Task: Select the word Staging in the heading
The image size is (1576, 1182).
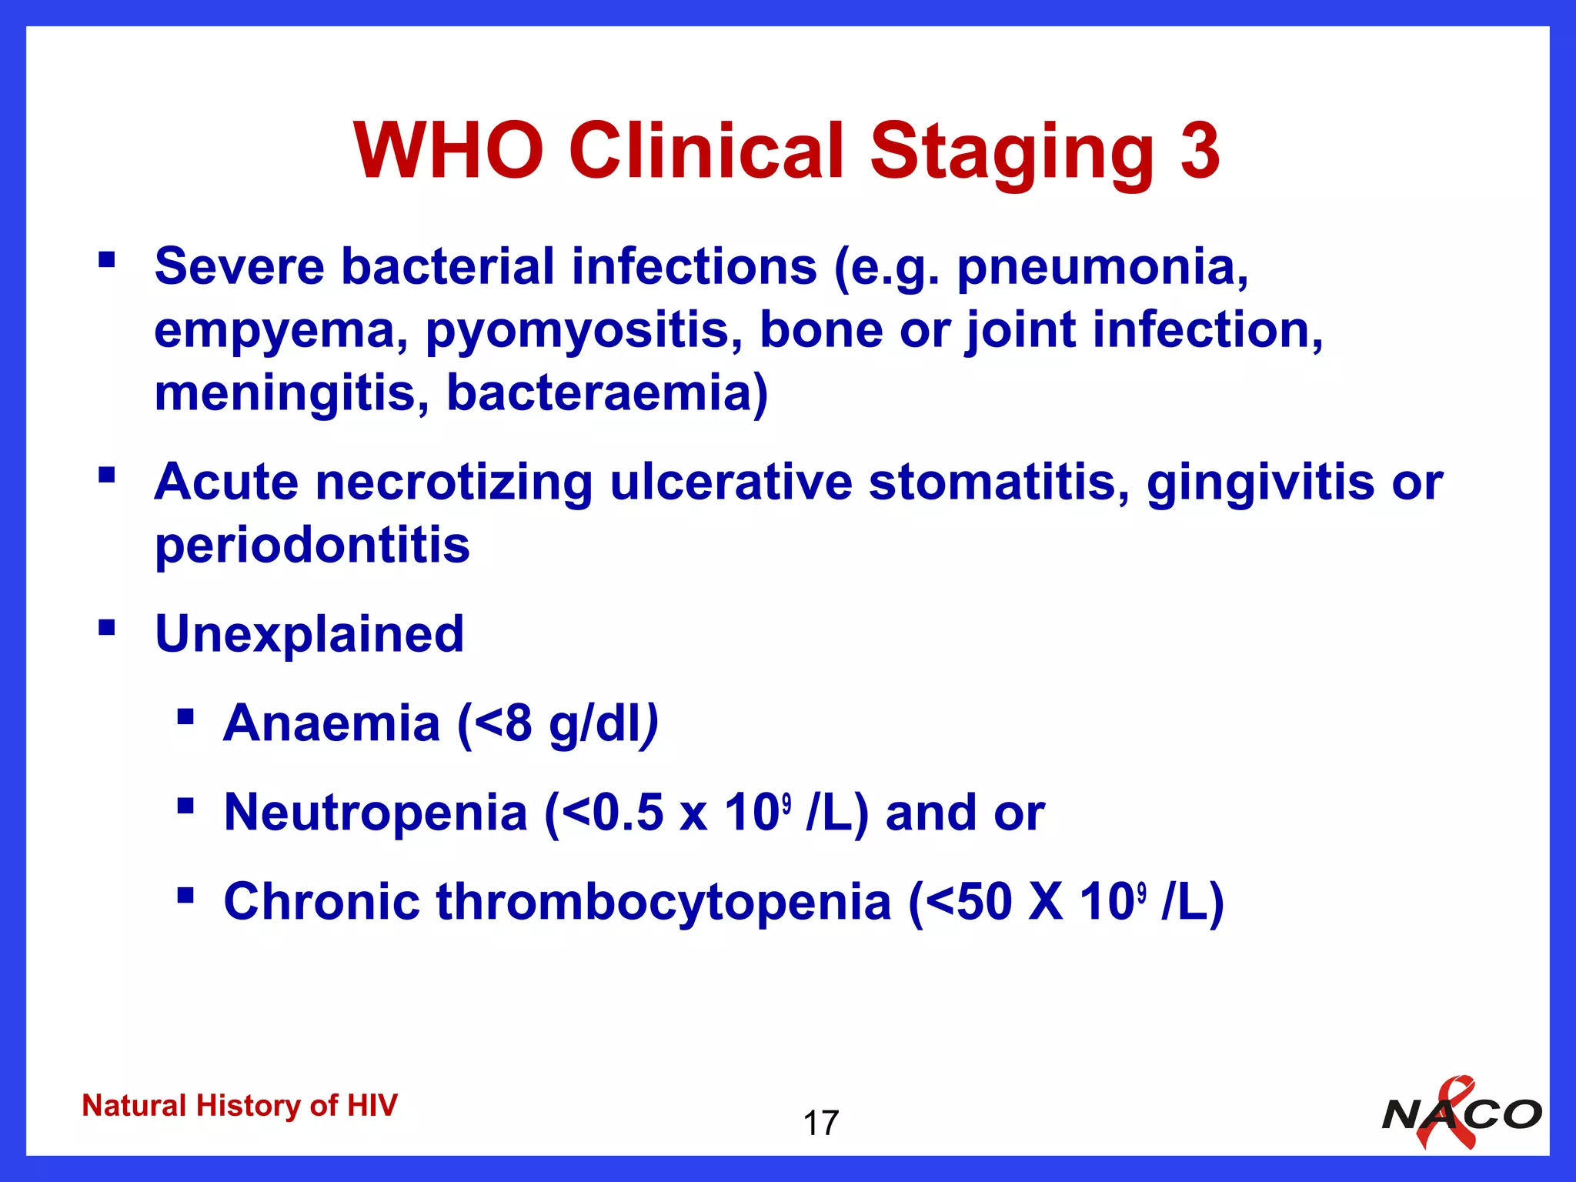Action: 1012,152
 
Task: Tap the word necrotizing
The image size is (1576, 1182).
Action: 453,483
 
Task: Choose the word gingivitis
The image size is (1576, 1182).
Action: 1260,483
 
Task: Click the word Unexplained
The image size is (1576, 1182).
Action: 309,634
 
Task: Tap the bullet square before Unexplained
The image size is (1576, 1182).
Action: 106,628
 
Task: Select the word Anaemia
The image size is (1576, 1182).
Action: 331,723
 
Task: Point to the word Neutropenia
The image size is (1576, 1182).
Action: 376,813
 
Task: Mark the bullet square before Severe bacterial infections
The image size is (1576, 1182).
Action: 106,259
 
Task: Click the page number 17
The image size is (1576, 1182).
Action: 820,1124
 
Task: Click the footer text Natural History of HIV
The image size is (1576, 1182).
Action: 239,1106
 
